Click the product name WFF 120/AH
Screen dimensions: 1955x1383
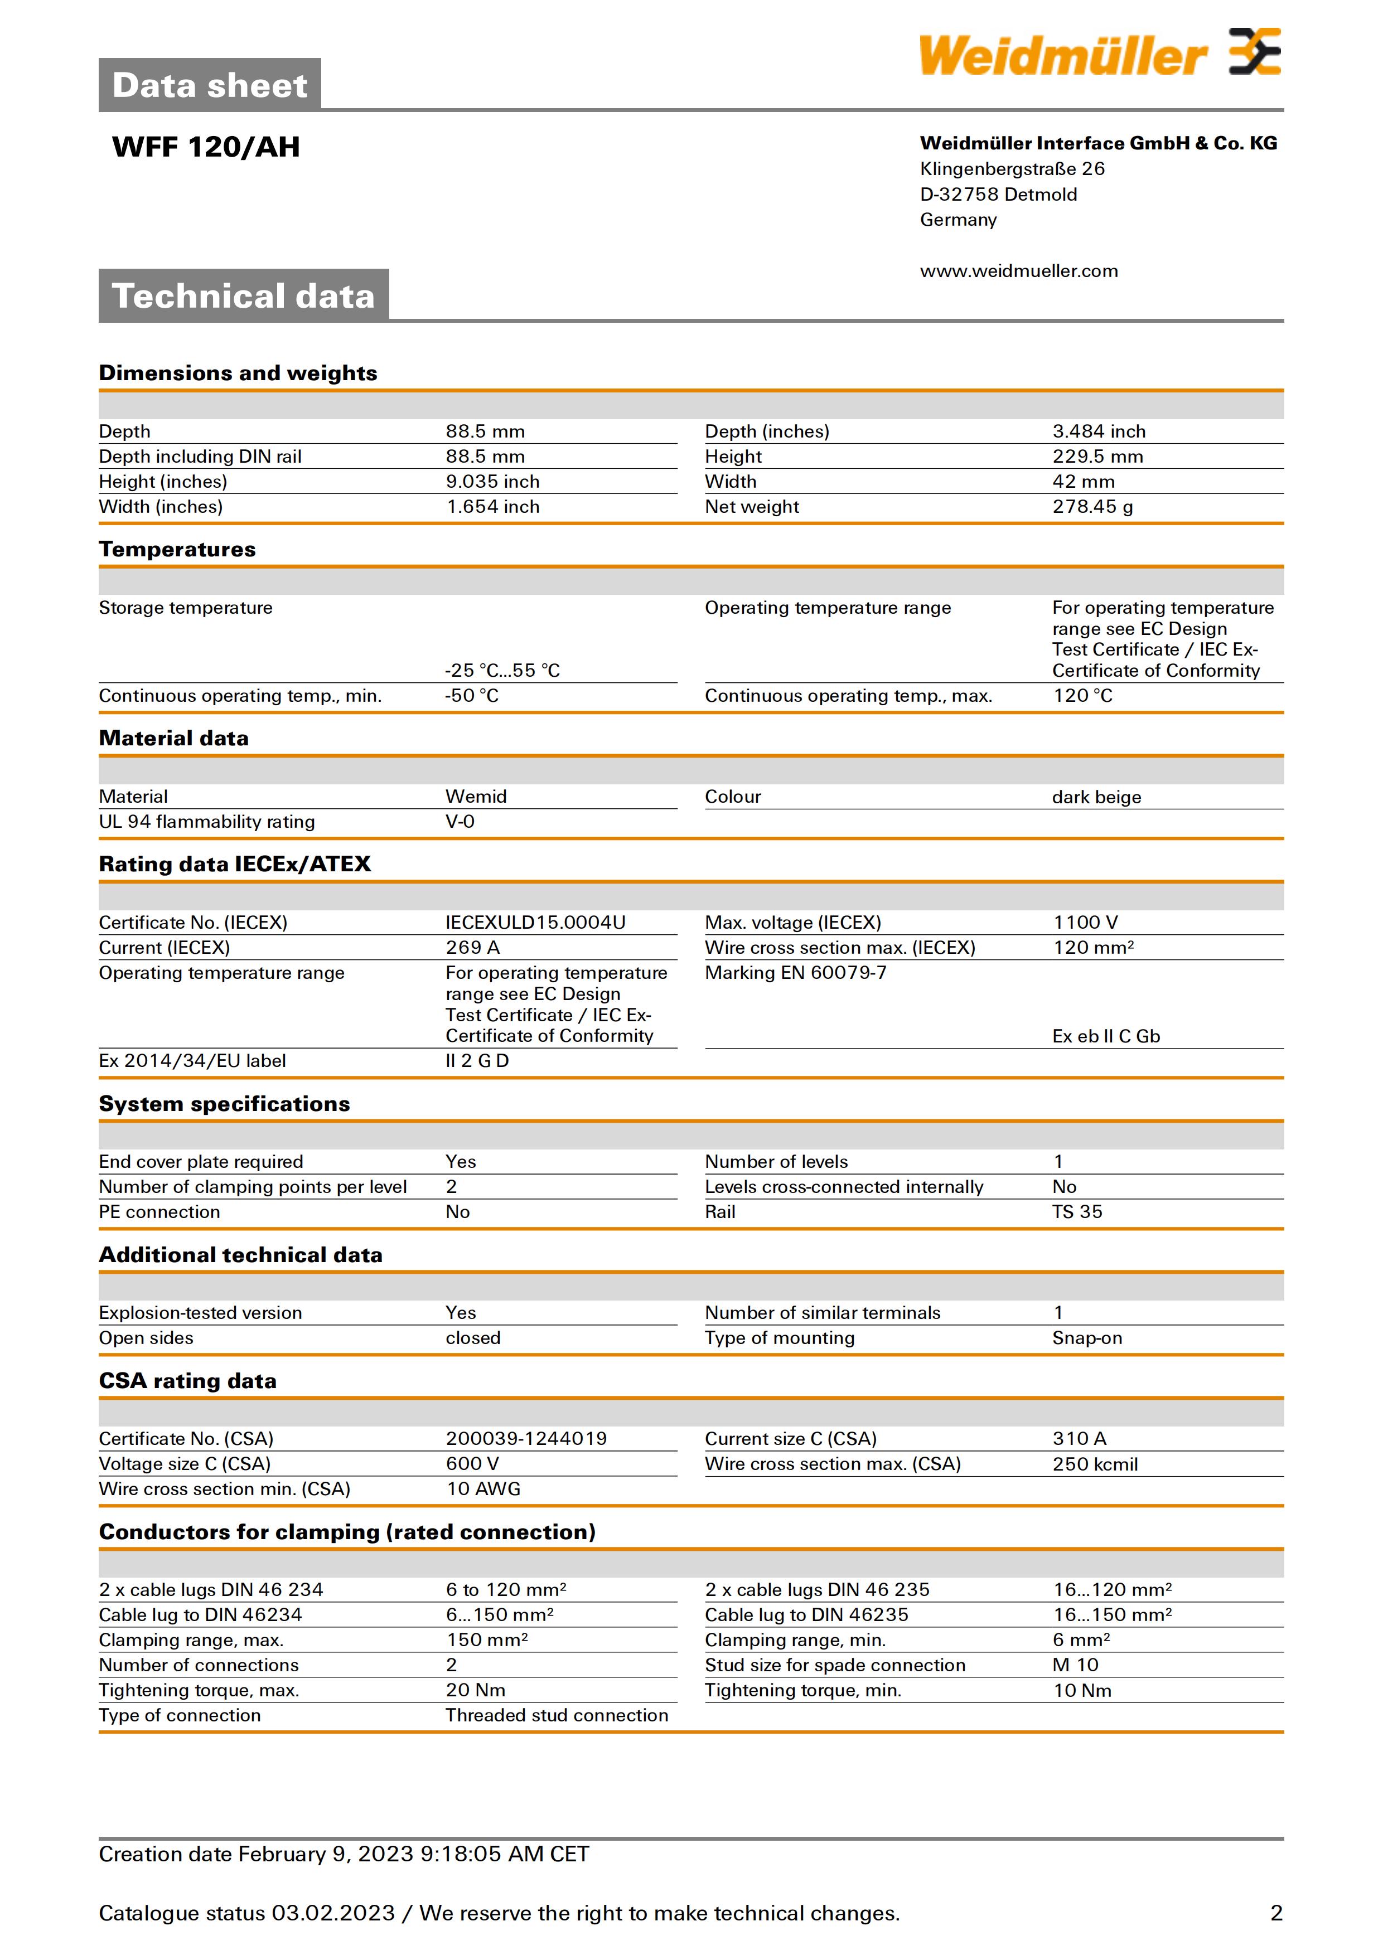coord(206,147)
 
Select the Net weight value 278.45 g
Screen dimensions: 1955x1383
coord(1092,507)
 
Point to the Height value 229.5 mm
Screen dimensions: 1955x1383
coord(1097,457)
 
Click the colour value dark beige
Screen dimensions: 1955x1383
coord(1096,797)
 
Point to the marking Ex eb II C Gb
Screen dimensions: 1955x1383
coord(1105,1036)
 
